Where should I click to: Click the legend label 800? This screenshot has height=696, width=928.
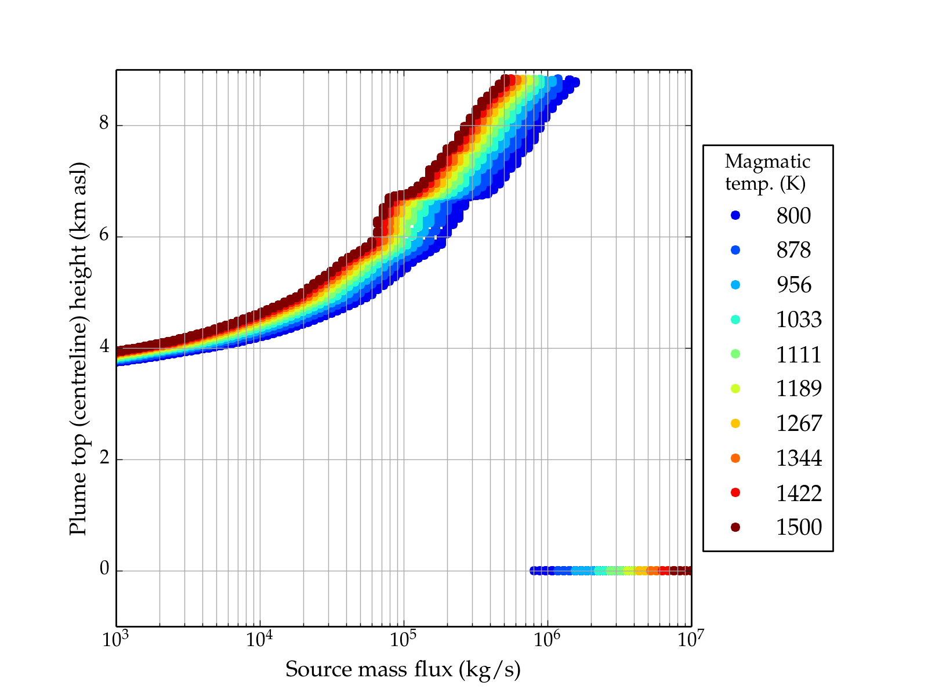(793, 216)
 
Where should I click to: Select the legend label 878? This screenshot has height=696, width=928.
(793, 250)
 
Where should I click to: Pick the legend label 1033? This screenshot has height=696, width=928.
(799, 320)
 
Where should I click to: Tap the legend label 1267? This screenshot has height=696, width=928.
(799, 423)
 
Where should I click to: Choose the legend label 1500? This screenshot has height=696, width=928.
(799, 527)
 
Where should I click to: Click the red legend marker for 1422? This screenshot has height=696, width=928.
(735, 492)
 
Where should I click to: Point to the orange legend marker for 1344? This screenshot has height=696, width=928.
(735, 458)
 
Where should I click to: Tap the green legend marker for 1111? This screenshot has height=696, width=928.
(735, 354)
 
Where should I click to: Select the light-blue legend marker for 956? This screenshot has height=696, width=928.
(735, 285)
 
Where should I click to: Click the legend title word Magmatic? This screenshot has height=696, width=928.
(767, 162)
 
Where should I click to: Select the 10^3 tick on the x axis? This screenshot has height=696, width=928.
(115, 639)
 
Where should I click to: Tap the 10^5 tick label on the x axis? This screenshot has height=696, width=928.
(403, 639)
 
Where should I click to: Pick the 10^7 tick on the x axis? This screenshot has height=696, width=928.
(690, 639)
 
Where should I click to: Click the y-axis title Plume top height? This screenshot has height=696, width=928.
(78, 348)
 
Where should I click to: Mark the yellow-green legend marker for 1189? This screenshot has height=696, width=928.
(735, 389)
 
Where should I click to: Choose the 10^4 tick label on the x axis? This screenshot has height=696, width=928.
(259, 639)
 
